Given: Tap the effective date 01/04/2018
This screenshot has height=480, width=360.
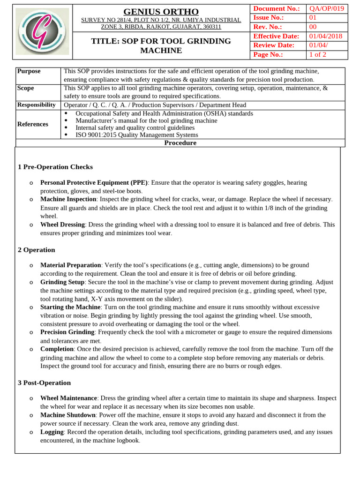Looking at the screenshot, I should click(326, 36).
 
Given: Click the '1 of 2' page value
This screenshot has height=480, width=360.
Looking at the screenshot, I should click(317, 54).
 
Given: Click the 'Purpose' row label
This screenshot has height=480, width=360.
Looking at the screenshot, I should click(29, 71).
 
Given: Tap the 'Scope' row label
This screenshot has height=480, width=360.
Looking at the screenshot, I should click(25, 88).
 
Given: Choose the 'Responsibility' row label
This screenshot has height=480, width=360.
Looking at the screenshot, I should click(37, 105).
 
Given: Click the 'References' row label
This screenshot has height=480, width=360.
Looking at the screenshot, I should click(33, 124).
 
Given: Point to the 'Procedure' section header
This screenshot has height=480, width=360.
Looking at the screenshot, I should click(180, 143).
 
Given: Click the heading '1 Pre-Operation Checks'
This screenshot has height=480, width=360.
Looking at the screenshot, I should click(55, 167).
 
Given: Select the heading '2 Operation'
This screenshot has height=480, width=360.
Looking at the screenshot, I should click(37, 250).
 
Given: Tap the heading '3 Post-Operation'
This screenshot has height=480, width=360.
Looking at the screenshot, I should click(45, 383).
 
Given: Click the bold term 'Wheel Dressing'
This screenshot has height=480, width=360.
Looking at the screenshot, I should click(63, 225).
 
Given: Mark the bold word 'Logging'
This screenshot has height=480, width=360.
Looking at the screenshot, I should click(52, 432).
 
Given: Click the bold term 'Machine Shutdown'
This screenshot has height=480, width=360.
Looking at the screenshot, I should click(68, 415).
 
